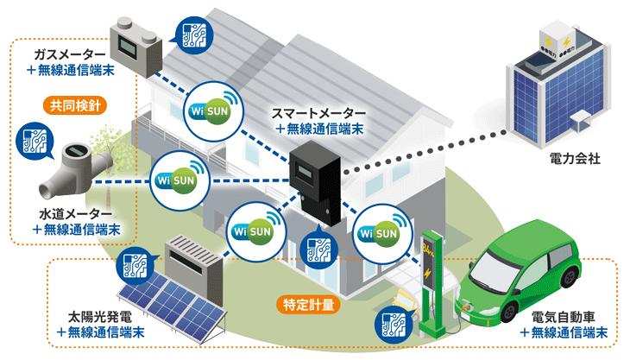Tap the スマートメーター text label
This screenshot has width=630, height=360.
[320, 113]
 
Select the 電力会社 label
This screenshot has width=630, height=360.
[569, 160]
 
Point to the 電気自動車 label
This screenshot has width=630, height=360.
[564, 317]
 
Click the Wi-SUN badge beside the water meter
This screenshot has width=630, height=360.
[176, 180]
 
